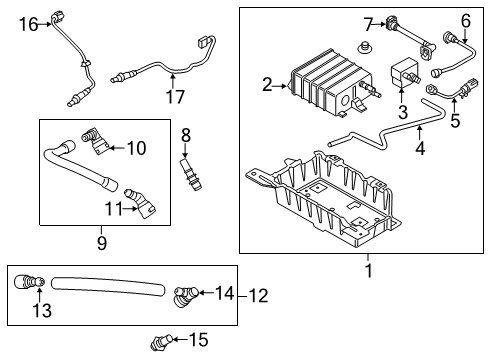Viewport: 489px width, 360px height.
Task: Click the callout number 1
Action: pyautogui.click(x=367, y=270)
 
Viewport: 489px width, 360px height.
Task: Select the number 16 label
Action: pyautogui.click(x=27, y=23)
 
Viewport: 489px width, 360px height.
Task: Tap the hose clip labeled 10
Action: pyautogui.click(x=94, y=140)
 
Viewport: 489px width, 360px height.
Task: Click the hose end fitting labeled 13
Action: pyautogui.click(x=27, y=283)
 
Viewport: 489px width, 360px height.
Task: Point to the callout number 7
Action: pyautogui.click(x=367, y=22)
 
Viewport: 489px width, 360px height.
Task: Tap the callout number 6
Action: pyautogui.click(x=465, y=21)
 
